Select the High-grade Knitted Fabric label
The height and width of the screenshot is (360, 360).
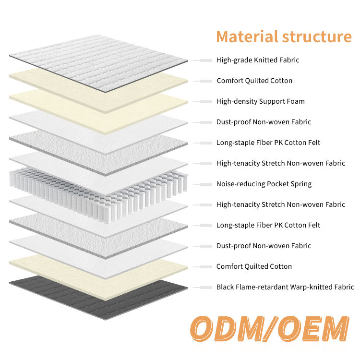(x=258, y=60)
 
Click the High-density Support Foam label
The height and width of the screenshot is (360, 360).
(x=261, y=101)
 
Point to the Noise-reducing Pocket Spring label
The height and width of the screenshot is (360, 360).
(x=264, y=184)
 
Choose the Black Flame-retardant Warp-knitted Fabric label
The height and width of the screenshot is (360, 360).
(x=285, y=287)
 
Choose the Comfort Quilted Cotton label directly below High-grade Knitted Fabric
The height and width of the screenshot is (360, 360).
(x=254, y=81)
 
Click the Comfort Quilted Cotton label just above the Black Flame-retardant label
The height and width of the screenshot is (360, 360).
(x=254, y=266)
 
